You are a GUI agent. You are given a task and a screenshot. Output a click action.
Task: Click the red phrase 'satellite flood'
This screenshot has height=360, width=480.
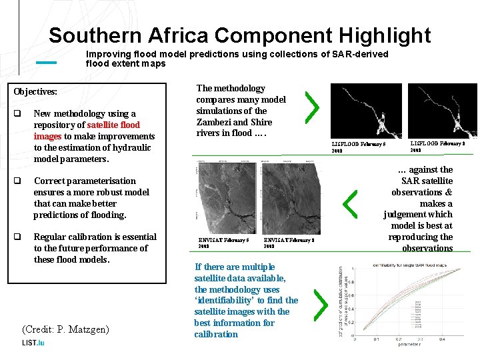click(x=113, y=125)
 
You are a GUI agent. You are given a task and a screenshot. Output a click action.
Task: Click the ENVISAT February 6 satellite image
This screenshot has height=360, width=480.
click(x=227, y=198)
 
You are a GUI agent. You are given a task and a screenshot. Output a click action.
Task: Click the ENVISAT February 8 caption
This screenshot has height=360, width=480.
click(x=289, y=243)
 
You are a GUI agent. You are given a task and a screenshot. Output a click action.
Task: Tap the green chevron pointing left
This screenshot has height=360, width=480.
click(x=349, y=202)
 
